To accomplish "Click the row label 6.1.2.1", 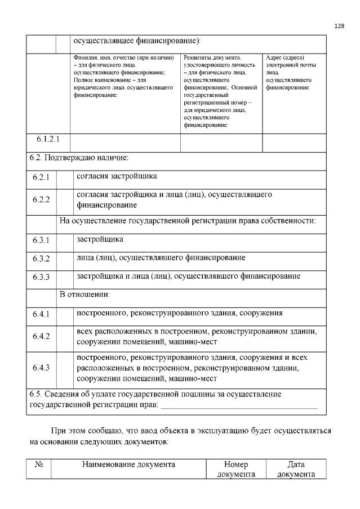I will tap(48, 139).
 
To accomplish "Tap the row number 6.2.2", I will tap(41, 199).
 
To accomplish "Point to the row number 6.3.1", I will tap(41, 240).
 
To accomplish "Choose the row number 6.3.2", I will tap(41, 259).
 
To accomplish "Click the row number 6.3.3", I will tap(41, 277).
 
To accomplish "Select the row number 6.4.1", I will tap(41, 314).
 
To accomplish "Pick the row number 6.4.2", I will tap(41, 336).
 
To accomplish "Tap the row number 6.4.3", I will tap(41, 368).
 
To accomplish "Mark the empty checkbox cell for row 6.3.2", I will tap(65, 259).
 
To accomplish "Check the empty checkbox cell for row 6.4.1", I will tap(65, 314).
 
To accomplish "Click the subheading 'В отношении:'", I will tap(85, 294).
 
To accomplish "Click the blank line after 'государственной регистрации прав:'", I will tap(239, 405).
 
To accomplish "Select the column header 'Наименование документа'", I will tap(128, 465).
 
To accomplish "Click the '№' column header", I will tap(39, 465).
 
